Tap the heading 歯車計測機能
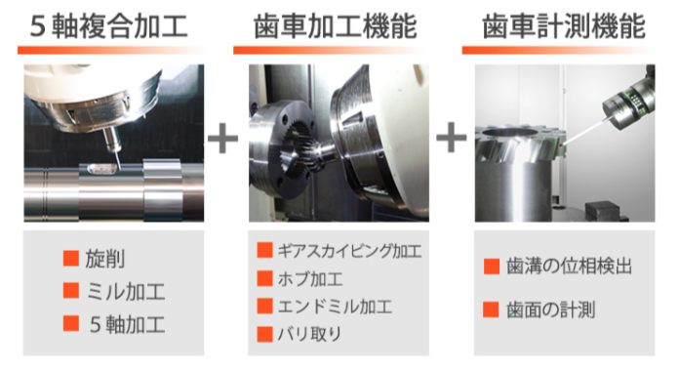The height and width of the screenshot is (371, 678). coord(564,25)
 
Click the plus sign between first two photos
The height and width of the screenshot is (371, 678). coord(223,138)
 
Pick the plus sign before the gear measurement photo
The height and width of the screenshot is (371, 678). coord(452,138)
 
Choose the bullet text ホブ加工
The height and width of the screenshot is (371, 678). coord(311,279)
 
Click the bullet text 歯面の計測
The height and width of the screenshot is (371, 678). coord(551,311)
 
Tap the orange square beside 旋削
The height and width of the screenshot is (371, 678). coord(70,259)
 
